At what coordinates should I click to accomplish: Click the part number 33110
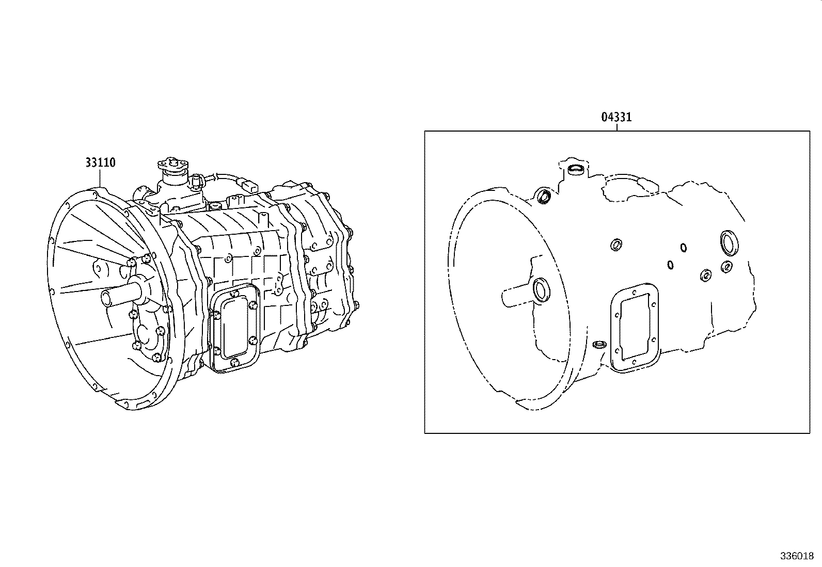point(100,163)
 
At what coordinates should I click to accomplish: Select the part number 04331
point(616,118)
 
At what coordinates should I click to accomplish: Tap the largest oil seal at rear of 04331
point(729,243)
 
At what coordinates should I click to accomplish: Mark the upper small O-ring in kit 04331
point(683,248)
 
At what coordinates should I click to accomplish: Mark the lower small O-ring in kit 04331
point(670,265)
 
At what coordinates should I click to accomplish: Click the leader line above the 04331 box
point(616,127)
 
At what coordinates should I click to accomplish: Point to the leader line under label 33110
point(100,178)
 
